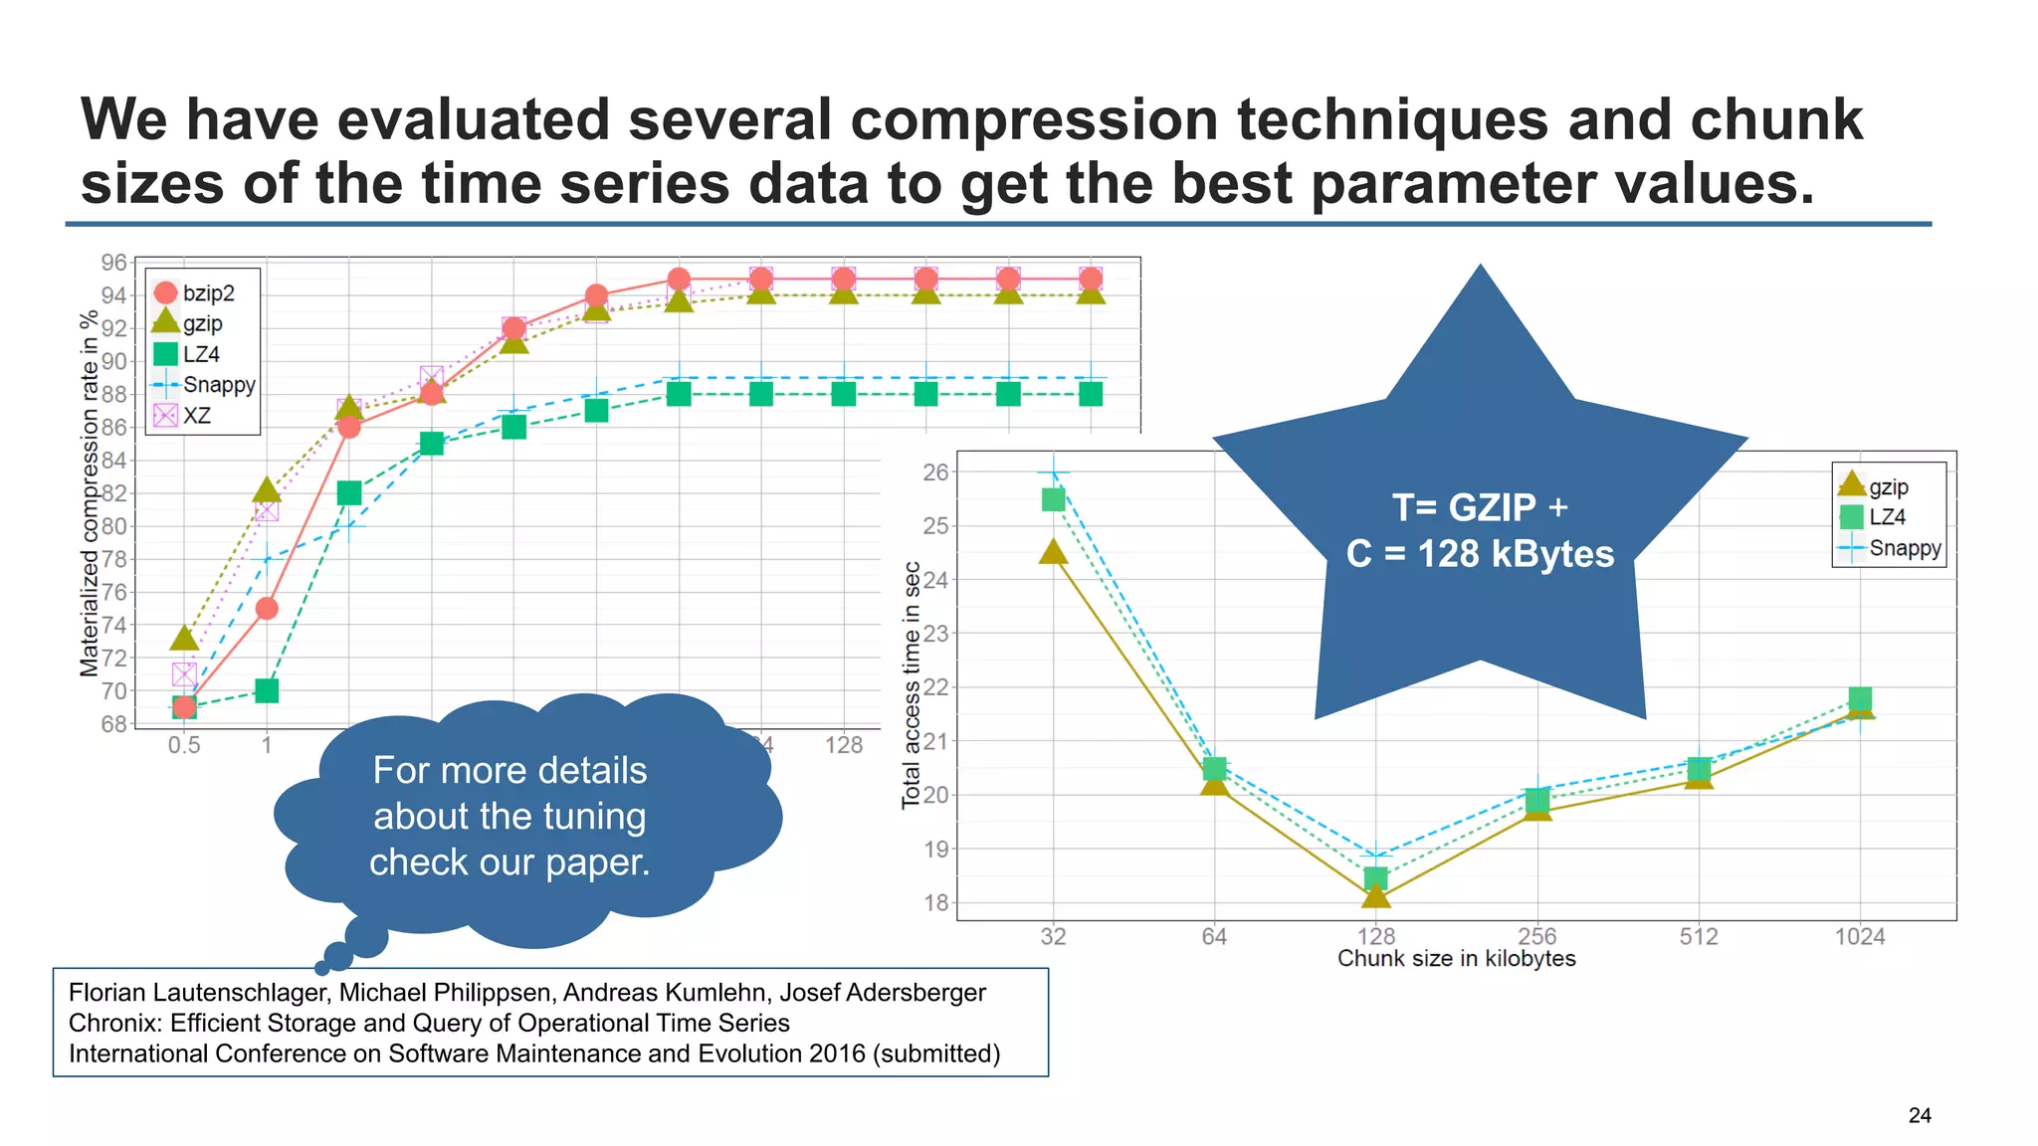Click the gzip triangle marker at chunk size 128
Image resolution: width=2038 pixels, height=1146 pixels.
tap(1375, 896)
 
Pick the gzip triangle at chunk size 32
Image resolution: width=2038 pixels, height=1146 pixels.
tap(1053, 552)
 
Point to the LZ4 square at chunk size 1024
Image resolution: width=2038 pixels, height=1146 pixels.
tap(1860, 698)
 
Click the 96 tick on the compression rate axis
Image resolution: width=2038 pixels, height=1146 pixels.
tap(113, 263)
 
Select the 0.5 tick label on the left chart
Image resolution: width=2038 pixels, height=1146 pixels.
tap(184, 744)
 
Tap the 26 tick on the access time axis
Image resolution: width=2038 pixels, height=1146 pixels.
tap(935, 472)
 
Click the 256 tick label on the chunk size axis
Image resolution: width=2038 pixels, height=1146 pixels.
tap(1536, 935)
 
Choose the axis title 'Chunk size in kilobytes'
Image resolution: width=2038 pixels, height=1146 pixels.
tap(1456, 959)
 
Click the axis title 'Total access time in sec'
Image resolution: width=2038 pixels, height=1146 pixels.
tap(911, 685)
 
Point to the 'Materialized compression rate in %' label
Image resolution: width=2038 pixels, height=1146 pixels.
tap(90, 493)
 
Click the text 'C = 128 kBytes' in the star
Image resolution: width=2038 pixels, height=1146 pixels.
tap(1480, 553)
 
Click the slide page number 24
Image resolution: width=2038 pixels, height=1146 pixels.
tap(1920, 1115)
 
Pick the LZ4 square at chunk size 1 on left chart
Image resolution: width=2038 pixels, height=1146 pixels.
tap(266, 690)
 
